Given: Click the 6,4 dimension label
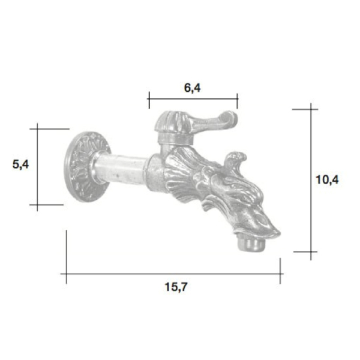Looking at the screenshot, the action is coord(192,88).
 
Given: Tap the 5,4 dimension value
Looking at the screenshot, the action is coord(20,164).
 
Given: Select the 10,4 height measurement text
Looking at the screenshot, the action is coord(327,179).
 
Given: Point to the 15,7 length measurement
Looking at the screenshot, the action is coord(176,287).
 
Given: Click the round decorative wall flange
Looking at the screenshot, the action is coord(87,167).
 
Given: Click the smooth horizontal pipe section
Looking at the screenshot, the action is coord(121,169).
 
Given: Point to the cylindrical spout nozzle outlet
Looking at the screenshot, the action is coord(251,244).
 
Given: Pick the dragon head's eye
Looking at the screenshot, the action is coord(260,218).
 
